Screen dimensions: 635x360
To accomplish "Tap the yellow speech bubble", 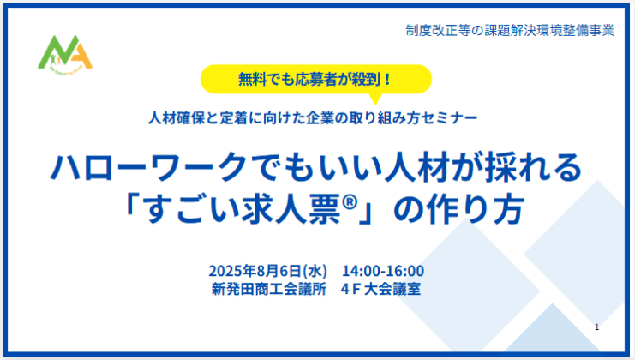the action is click(x=316, y=80).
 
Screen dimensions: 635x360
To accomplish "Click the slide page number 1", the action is click(x=596, y=327).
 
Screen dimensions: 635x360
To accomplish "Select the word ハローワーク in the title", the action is click(x=148, y=167).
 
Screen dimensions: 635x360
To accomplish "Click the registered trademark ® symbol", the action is click(x=350, y=202).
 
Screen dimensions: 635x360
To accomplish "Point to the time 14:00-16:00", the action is click(x=383, y=271).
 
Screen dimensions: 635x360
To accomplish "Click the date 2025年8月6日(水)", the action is click(x=267, y=271).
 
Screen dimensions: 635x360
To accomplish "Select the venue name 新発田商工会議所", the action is click(x=268, y=289).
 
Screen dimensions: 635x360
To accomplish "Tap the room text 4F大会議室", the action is click(x=380, y=289).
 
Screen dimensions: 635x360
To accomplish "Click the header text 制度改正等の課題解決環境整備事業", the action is click(x=510, y=30).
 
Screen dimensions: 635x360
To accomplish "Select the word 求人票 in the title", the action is click(x=291, y=209).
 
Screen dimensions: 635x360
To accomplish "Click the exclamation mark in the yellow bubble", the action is click(x=387, y=79).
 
